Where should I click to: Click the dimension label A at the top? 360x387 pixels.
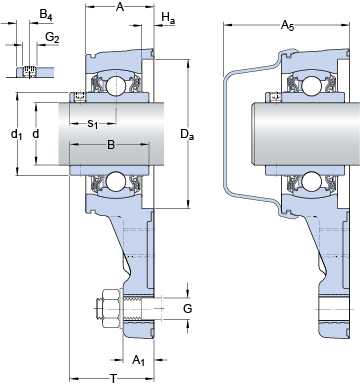click(120, 7)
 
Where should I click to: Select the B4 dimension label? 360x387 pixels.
click(46, 15)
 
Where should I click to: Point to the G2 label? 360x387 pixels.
click(52, 38)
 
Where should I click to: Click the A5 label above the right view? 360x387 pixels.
click(287, 25)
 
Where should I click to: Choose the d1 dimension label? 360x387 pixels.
click(17, 134)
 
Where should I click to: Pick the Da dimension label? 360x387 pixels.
click(187, 134)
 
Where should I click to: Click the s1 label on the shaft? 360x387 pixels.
click(93, 124)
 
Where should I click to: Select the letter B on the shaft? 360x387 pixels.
click(111, 145)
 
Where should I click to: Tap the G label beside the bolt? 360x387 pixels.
click(188, 309)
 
